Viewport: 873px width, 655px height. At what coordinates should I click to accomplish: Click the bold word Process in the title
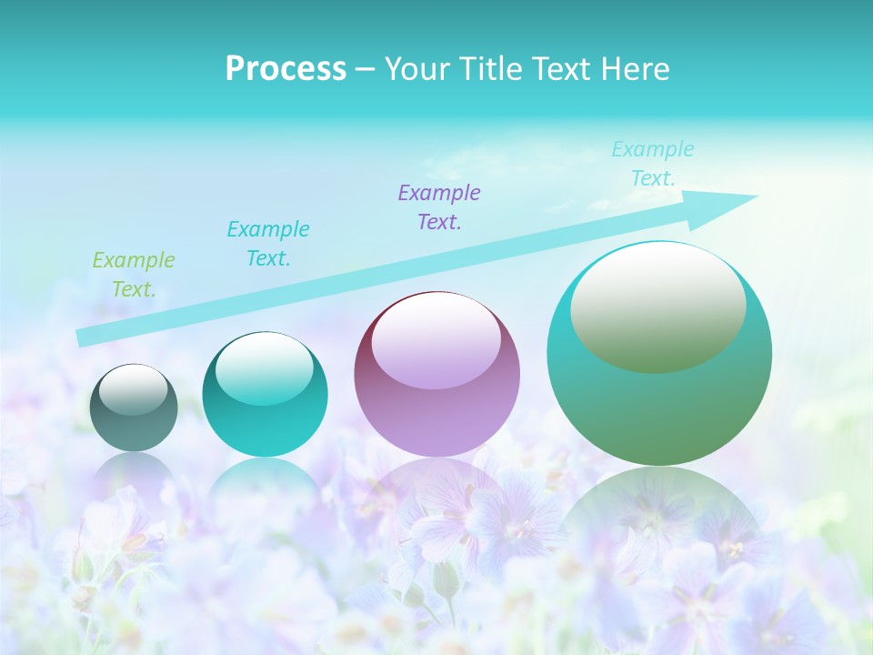[286, 69]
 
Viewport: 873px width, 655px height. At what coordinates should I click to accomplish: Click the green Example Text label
[134, 275]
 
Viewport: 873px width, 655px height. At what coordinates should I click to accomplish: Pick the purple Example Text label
[439, 207]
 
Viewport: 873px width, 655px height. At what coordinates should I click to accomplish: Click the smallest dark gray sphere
[134, 408]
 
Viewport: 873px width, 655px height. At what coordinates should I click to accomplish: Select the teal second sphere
[265, 395]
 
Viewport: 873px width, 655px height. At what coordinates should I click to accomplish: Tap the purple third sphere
[436, 374]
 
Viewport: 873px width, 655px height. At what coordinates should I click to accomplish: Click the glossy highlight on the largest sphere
[657, 306]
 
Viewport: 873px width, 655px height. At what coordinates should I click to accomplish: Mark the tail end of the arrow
[82, 338]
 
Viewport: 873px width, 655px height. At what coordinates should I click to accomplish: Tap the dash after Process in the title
[365, 69]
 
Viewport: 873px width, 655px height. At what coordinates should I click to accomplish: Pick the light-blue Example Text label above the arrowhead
[653, 164]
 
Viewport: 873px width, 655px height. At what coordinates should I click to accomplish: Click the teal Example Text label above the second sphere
[268, 244]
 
